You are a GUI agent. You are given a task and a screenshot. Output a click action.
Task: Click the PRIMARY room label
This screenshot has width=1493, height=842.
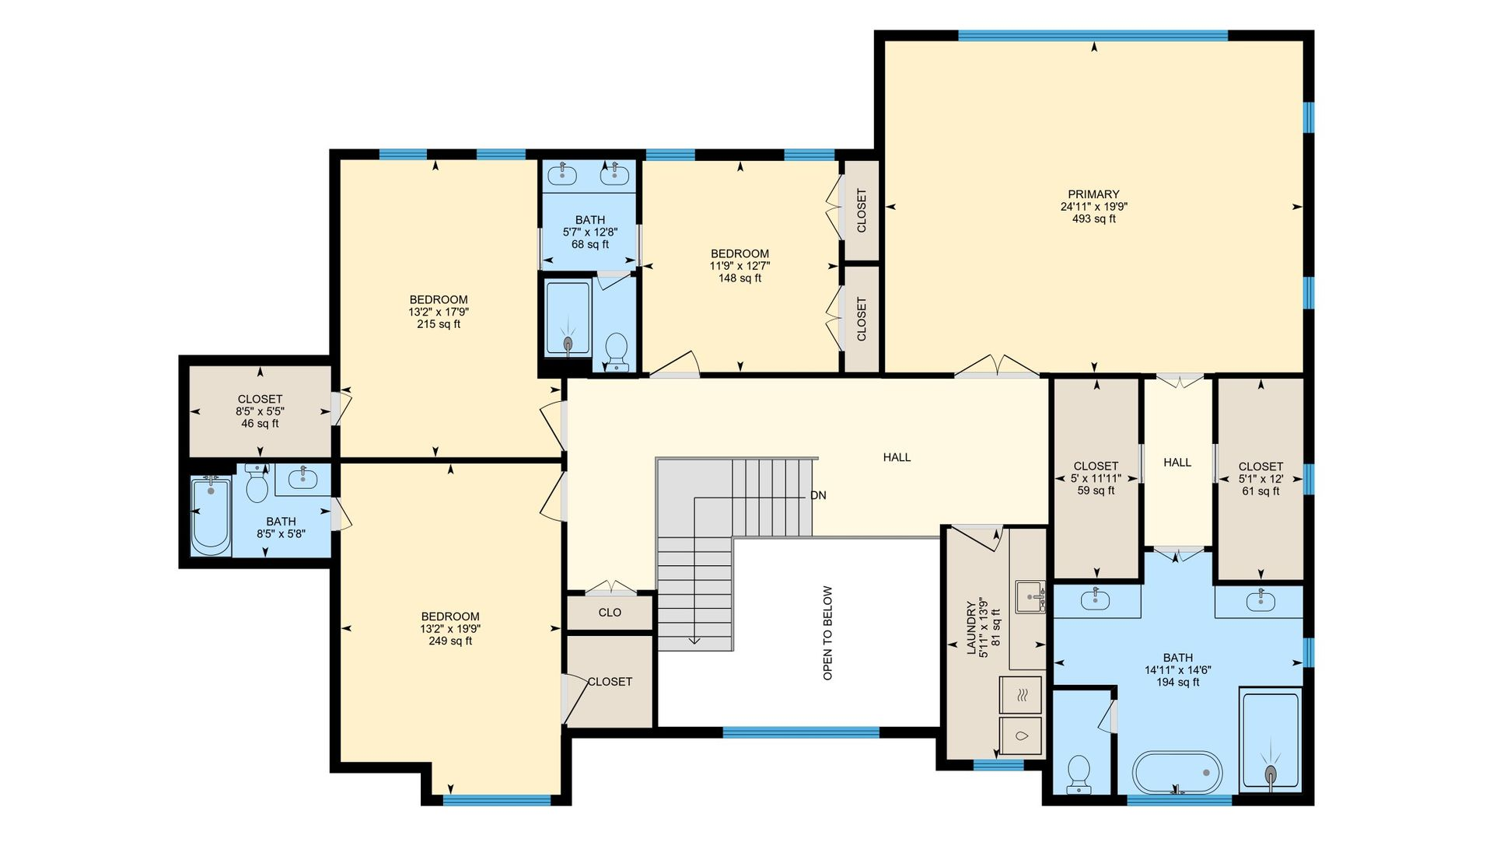(1093, 194)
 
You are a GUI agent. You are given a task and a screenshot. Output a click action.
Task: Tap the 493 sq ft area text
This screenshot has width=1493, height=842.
(1093, 219)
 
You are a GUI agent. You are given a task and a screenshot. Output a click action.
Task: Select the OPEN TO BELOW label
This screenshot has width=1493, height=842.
(827, 633)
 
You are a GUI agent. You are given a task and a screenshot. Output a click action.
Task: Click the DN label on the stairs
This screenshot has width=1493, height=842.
(818, 495)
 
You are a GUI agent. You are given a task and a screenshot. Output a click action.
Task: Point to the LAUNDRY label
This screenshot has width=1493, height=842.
(971, 627)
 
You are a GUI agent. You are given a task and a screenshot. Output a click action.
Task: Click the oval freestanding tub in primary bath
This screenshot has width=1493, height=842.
(1177, 772)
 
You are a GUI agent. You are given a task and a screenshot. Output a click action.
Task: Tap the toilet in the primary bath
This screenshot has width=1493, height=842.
(1079, 774)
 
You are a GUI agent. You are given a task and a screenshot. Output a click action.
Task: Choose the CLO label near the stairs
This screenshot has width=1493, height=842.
(610, 613)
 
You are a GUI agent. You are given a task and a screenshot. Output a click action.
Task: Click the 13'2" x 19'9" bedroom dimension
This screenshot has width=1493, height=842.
(450, 629)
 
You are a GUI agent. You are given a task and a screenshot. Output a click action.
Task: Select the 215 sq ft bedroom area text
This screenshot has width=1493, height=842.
(439, 324)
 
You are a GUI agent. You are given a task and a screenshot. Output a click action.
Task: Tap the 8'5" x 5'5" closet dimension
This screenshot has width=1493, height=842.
(260, 411)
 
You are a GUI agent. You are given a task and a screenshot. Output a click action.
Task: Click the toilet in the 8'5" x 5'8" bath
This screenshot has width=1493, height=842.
(257, 484)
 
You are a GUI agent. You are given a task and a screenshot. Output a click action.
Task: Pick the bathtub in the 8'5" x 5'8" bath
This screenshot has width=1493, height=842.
(211, 517)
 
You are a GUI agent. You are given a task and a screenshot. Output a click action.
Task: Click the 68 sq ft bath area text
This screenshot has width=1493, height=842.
(590, 244)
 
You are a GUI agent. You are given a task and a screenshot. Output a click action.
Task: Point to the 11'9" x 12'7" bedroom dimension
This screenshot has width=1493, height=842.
(740, 266)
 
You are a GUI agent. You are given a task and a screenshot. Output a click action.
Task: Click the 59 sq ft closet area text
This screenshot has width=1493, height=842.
(1096, 491)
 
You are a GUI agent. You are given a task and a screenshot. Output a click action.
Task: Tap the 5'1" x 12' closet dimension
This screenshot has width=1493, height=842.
(1260, 479)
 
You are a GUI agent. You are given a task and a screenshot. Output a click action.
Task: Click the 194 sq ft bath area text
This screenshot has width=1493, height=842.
(1177, 683)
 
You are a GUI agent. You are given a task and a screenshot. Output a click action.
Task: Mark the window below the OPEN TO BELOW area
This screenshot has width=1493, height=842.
(801, 732)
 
